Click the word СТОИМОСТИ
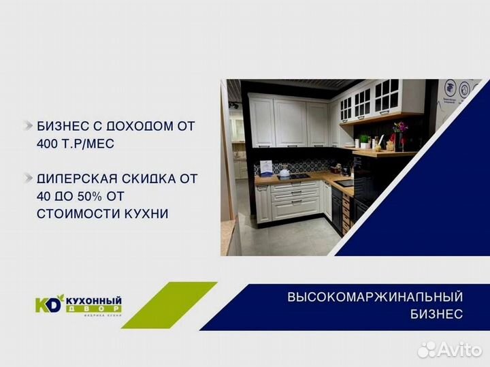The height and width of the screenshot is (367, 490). pyautogui.click(x=68, y=214)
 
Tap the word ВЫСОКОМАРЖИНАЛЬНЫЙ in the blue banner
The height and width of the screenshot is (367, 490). pyautogui.click(x=375, y=298)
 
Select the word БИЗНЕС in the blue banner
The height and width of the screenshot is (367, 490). pyautogui.click(x=436, y=315)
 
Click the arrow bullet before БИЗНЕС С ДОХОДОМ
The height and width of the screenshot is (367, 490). pyautogui.click(x=27, y=127)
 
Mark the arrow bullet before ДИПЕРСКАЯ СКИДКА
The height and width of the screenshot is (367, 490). pyautogui.click(x=27, y=179)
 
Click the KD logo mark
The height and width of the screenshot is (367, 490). pyautogui.click(x=48, y=304)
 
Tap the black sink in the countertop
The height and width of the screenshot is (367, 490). pyautogui.click(x=345, y=182)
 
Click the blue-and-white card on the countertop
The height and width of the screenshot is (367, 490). pyautogui.click(x=267, y=167)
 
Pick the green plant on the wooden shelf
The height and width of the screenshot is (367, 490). pyautogui.click(x=365, y=140)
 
